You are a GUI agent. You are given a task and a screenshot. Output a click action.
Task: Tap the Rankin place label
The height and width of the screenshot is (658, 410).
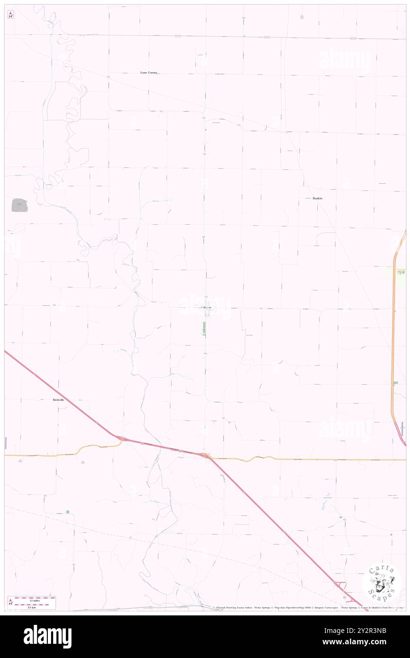[x=317, y=198]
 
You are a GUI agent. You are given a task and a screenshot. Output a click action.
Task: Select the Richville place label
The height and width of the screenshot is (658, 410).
[x=55, y=400]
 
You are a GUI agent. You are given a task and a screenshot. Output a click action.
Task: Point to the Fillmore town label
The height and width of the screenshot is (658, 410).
[x=206, y=308]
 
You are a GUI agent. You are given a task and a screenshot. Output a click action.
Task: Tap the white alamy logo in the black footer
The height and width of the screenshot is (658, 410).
[x=48, y=637]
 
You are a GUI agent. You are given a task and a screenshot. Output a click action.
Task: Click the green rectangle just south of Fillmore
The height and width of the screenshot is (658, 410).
[x=205, y=328]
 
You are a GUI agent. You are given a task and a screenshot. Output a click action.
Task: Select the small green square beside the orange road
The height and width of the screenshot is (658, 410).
[x=395, y=382]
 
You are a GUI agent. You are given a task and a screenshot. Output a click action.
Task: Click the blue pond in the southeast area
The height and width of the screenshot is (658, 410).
[x=325, y=506]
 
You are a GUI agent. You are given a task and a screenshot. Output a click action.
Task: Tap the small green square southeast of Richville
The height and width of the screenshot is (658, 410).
[x=68, y=512]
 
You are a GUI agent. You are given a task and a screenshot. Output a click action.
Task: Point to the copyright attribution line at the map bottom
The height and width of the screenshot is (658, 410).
[x=308, y=608]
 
